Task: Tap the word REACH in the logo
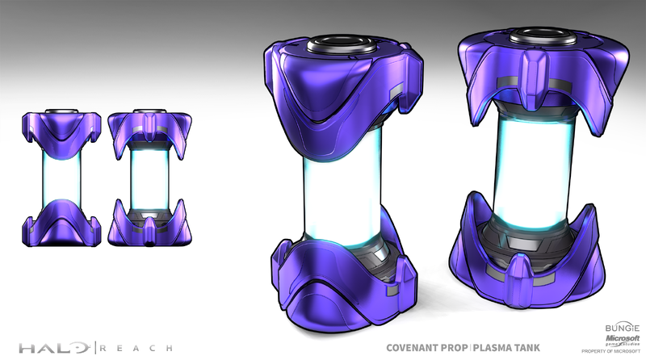[136, 348]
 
